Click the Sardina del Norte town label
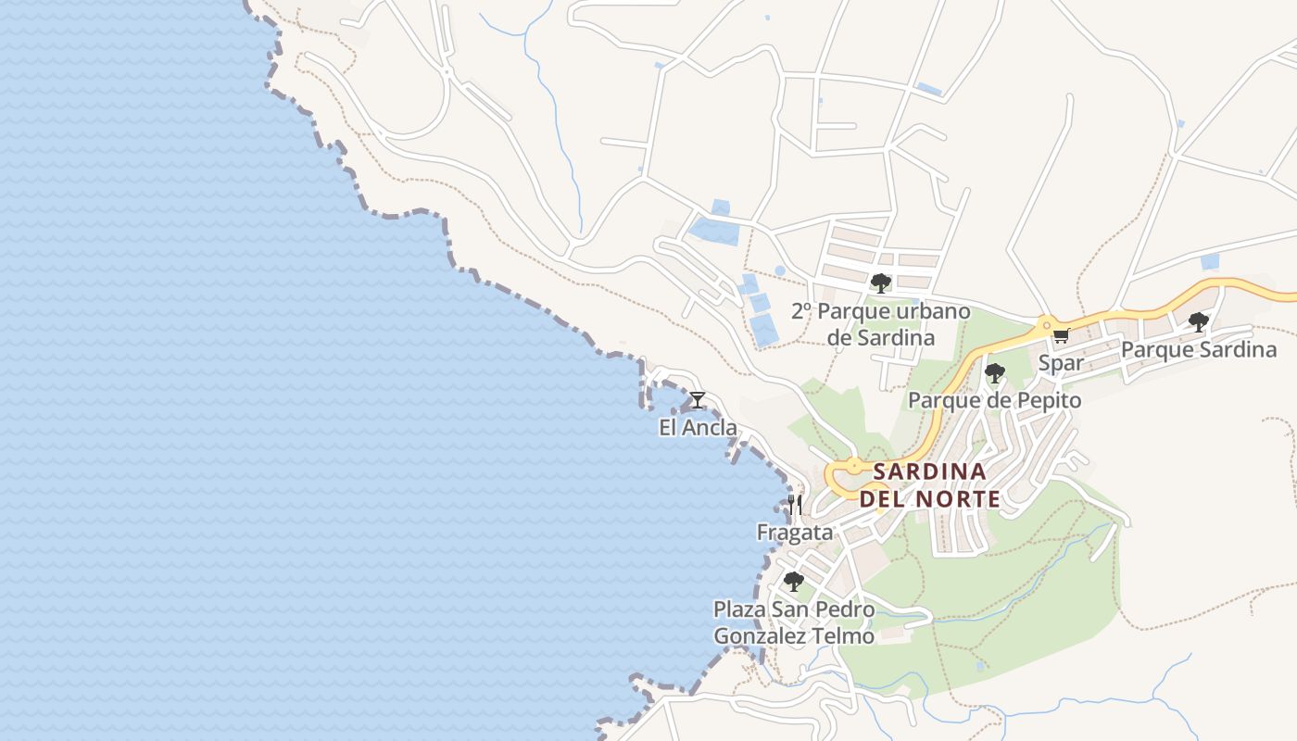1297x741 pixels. (x=929, y=484)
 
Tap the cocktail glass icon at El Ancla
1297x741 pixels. (x=698, y=400)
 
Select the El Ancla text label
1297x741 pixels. (x=698, y=427)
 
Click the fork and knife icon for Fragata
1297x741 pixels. (x=794, y=505)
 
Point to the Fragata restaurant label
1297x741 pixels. (x=795, y=533)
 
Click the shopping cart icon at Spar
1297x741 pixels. (x=1061, y=336)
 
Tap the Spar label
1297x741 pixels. (x=1061, y=363)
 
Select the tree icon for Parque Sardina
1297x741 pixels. (x=1198, y=322)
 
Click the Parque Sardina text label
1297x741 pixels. (x=1198, y=350)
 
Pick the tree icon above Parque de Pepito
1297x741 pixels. (x=994, y=373)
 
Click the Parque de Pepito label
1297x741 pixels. (x=994, y=400)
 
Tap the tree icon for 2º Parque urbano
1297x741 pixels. (x=880, y=283)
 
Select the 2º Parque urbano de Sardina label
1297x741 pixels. (x=880, y=324)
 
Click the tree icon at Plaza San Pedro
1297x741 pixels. (x=793, y=582)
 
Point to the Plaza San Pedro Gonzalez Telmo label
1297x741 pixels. (x=793, y=622)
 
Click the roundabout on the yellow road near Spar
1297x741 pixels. (x=1046, y=324)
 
